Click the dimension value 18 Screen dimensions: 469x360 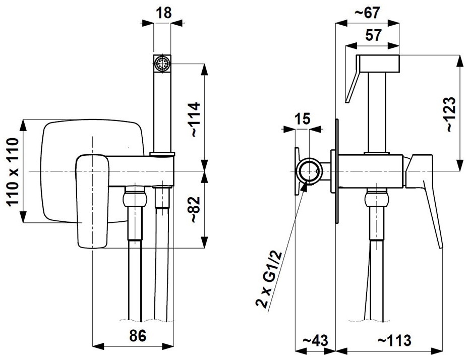pos(164,13)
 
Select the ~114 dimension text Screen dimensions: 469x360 pos(195,119)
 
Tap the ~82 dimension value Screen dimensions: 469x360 pos(195,210)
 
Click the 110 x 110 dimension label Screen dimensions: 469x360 pos(13,171)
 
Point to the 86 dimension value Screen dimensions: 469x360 pos(138,335)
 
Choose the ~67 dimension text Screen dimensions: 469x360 pos(367,13)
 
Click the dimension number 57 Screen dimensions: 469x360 pos(374,35)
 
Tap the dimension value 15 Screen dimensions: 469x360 pos(303,118)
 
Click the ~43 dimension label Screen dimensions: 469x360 pos(315,340)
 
